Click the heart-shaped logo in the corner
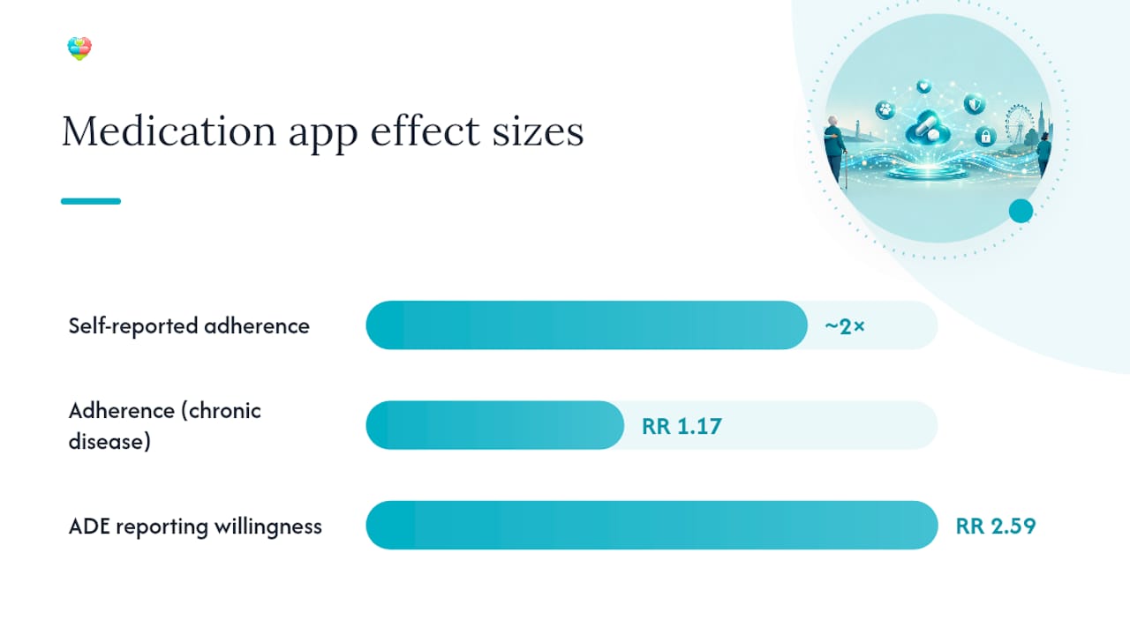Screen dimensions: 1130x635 click(x=79, y=49)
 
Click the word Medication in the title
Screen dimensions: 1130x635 click(x=169, y=131)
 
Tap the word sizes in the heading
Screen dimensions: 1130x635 click(x=538, y=131)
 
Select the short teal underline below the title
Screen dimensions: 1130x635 click(x=91, y=201)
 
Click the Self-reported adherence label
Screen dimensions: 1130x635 click(x=189, y=325)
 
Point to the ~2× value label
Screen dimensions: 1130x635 click(x=845, y=326)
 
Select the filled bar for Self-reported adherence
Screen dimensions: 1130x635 click(x=587, y=325)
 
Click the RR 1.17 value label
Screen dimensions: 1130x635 click(x=682, y=426)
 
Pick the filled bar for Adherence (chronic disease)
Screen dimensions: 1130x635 click(x=495, y=425)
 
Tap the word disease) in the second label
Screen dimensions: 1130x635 click(x=109, y=442)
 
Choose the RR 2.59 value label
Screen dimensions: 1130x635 click(x=996, y=526)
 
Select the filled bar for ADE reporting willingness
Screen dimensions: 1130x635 click(x=652, y=525)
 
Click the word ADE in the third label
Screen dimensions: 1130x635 click(x=89, y=527)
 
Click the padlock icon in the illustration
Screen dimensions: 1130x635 click(x=985, y=136)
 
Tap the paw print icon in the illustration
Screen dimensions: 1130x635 click(x=885, y=110)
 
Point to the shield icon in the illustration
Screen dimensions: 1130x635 click(x=974, y=104)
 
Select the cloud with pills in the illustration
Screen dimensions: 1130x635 click(x=928, y=129)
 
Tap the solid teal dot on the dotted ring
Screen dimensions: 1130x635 click(x=1021, y=211)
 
